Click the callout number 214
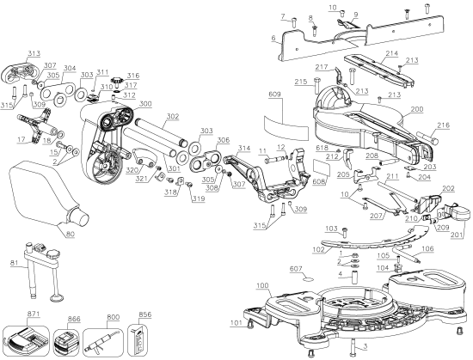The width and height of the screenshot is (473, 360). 391,53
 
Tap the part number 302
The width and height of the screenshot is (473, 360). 172,116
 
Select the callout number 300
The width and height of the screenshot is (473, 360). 145,103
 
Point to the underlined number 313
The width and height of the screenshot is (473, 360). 34,52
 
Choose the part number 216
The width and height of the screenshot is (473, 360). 443,125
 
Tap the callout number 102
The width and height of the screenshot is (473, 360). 318,249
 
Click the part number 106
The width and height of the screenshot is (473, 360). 427,249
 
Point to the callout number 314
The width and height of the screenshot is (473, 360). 244,149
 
